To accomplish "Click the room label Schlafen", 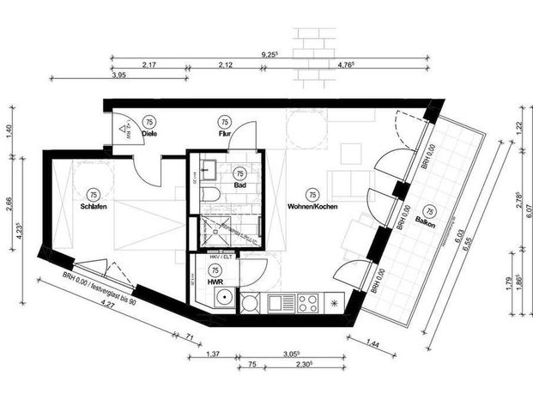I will coord(94,206).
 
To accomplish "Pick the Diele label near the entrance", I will coord(148,133).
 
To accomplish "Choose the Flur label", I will coord(225,133).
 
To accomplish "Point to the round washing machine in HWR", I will coord(222,300).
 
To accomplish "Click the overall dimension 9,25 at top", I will coord(269,52).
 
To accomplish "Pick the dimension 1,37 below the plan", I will coord(214,353).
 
